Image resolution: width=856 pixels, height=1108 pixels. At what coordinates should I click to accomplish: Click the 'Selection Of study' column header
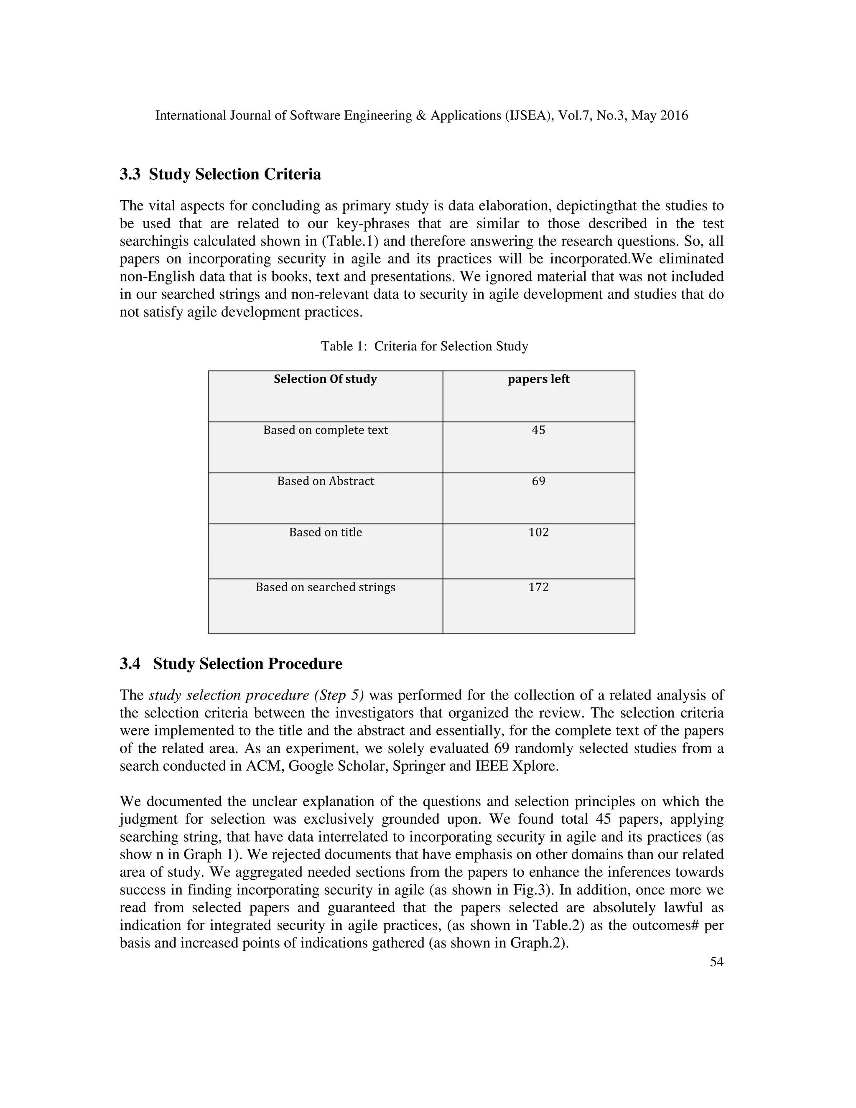click(x=325, y=379)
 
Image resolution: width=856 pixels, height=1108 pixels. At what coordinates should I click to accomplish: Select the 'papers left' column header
click(x=538, y=379)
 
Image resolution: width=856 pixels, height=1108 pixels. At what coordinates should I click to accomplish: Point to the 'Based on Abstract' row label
click(x=325, y=481)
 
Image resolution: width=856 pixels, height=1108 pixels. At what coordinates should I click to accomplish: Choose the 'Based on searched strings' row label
click(x=325, y=587)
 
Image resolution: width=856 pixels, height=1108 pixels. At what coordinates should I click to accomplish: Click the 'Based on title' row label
click(x=325, y=532)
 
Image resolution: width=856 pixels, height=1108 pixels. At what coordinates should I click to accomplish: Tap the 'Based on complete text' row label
click(x=325, y=430)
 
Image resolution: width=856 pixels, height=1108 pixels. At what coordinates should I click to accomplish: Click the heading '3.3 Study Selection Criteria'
click(x=220, y=174)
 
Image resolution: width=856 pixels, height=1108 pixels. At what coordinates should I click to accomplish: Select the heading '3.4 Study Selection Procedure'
click(x=231, y=664)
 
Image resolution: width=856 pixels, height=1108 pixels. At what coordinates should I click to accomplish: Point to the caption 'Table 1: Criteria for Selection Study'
click(x=425, y=347)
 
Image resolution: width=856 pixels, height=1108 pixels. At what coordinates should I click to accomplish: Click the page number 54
click(x=716, y=962)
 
